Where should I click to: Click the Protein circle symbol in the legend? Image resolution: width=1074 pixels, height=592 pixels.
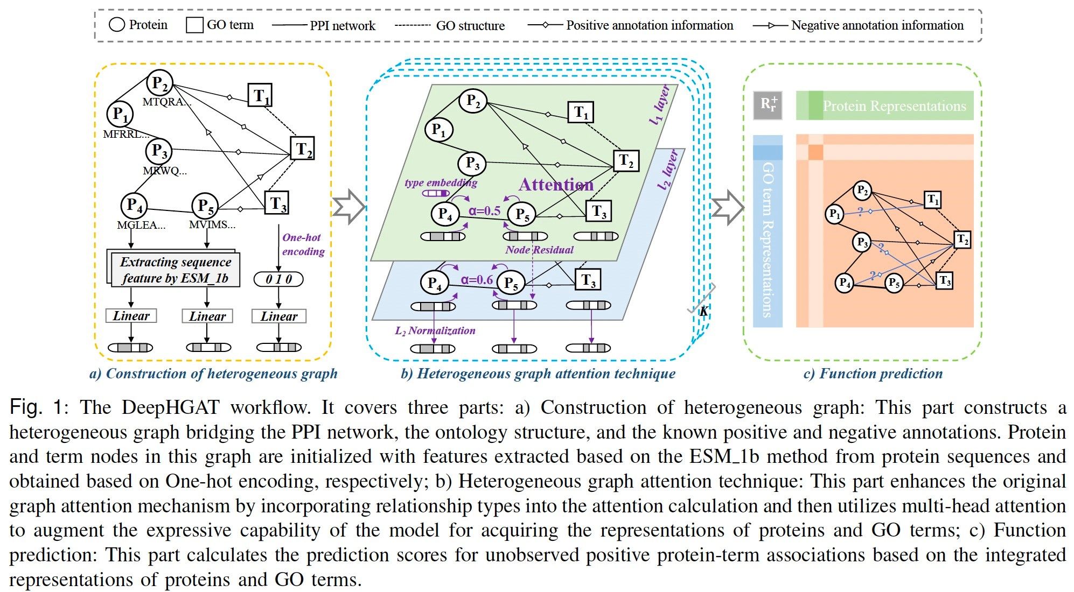tap(117, 25)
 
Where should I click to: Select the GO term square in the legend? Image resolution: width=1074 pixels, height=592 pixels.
tap(194, 25)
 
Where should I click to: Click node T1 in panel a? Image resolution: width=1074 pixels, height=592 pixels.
tap(260, 95)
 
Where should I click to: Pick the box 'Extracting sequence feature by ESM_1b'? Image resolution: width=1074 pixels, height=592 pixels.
tap(176, 270)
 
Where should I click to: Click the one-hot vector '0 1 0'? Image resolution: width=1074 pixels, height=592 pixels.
tap(278, 279)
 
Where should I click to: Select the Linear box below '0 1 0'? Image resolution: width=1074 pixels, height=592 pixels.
tap(278, 316)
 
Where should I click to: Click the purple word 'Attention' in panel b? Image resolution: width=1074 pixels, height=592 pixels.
tap(556, 185)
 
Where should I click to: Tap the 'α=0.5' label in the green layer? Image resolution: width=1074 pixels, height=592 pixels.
tap(484, 211)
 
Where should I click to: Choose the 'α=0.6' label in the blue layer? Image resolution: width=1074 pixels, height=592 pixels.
tap(477, 280)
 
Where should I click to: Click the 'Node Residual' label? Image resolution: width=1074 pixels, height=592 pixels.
tap(539, 250)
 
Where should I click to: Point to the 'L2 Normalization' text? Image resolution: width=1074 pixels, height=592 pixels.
tap(435, 330)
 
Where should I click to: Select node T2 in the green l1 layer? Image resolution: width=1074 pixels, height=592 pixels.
tap(626, 160)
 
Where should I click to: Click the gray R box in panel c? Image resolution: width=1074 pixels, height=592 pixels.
tap(768, 105)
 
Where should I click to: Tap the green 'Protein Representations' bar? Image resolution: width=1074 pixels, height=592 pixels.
tap(884, 105)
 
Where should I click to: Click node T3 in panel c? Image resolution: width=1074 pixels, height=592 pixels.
tap(944, 281)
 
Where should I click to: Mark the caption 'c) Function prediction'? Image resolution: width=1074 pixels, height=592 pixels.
tap(873, 373)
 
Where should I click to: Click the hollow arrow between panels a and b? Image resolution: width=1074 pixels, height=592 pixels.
tap(348, 207)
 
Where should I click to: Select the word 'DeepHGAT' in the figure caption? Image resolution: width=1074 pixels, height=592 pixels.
tap(171, 407)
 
